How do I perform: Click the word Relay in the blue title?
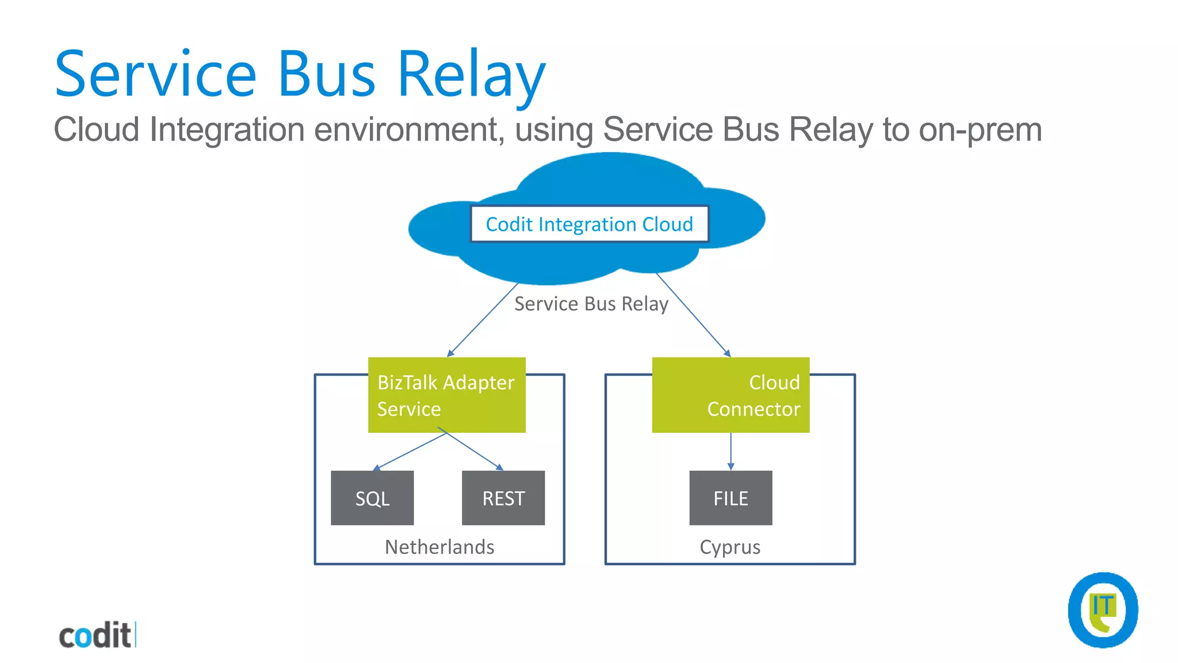click(471, 75)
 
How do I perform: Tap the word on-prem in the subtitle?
click(980, 129)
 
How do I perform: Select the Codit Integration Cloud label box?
click(589, 224)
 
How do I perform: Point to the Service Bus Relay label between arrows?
click(591, 304)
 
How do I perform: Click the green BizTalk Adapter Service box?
click(446, 395)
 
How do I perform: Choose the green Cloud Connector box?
click(730, 395)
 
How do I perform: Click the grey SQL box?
click(372, 498)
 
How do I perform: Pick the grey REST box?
click(503, 498)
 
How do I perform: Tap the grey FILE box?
click(730, 498)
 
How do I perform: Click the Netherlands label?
click(439, 547)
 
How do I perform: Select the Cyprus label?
click(730, 547)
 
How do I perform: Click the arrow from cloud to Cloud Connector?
click(693, 315)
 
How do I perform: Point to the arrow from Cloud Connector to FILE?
click(730, 451)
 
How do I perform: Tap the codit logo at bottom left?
click(97, 635)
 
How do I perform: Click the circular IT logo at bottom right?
click(1103, 610)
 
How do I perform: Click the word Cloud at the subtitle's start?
click(96, 129)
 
